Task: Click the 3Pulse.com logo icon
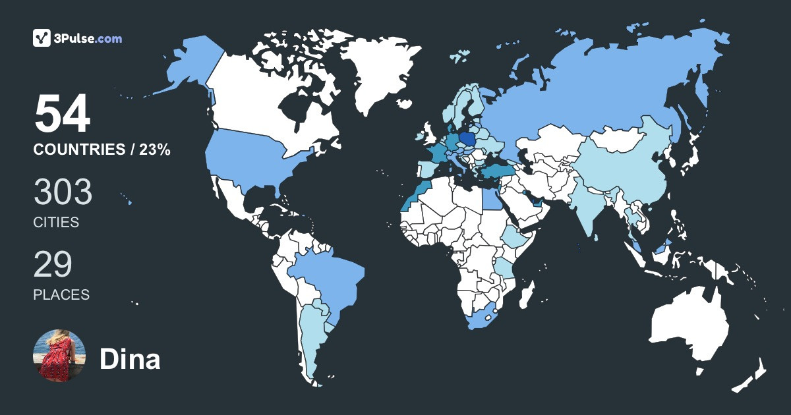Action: coord(42,38)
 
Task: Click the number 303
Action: coord(63,192)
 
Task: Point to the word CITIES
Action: coord(56,223)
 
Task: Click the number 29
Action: coord(53,264)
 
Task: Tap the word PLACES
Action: coord(61,295)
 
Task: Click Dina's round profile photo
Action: coord(59,356)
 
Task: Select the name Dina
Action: coord(130,360)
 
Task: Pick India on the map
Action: coord(587,204)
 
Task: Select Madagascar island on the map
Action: coord(525,293)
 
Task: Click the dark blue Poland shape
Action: coord(467,139)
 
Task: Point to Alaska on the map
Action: coord(191,63)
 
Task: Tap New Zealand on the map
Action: coord(751,375)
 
